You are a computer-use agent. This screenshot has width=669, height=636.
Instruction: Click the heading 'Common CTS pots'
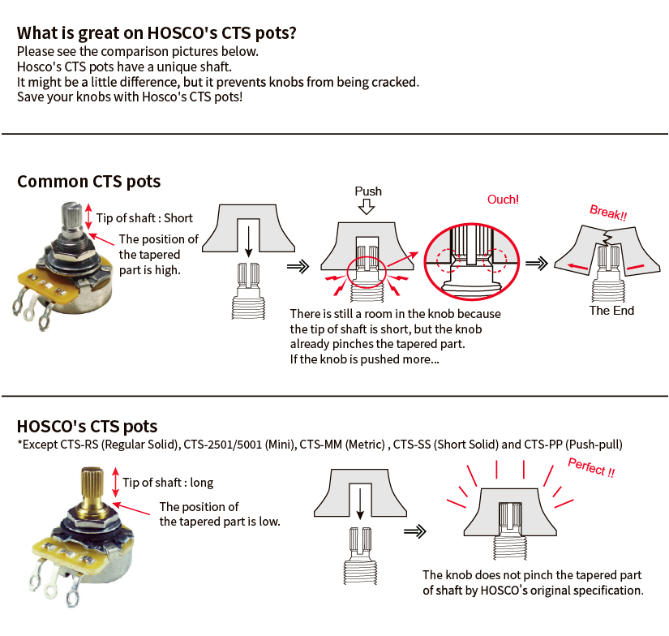point(89,181)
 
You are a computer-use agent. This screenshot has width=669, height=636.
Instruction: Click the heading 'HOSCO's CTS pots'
point(88,426)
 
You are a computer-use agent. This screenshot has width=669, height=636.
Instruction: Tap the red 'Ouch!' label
point(503,200)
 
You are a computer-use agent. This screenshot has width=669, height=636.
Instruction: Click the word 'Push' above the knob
point(368,191)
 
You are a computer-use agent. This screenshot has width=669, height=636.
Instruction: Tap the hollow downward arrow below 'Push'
point(368,207)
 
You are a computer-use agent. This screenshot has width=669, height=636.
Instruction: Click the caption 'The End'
point(611,310)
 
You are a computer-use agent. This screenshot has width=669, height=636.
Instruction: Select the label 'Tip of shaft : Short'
point(144,218)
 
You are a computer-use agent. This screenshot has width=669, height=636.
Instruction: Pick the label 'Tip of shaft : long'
point(168,483)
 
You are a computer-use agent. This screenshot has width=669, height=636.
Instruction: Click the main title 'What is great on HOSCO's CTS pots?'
point(157,33)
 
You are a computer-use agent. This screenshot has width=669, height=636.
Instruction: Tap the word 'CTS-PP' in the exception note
point(544,445)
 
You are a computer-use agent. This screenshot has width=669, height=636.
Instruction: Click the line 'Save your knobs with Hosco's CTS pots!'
point(129,97)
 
